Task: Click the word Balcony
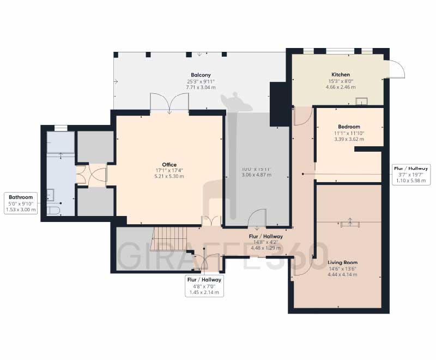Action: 201,75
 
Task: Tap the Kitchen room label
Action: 341,74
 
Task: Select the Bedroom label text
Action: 348,127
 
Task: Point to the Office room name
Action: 169,164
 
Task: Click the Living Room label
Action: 343,262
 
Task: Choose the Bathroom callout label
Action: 21,197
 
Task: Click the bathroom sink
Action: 50,193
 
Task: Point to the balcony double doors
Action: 169,103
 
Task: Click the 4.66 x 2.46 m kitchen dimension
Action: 341,87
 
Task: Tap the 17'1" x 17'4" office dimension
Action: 169,170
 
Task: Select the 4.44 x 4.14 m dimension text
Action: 343,274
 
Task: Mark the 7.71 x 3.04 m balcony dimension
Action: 201,87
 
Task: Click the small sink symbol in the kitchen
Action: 361,100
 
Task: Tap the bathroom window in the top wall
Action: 60,128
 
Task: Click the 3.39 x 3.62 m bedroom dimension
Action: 348,139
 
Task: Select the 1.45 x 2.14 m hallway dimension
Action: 203,292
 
